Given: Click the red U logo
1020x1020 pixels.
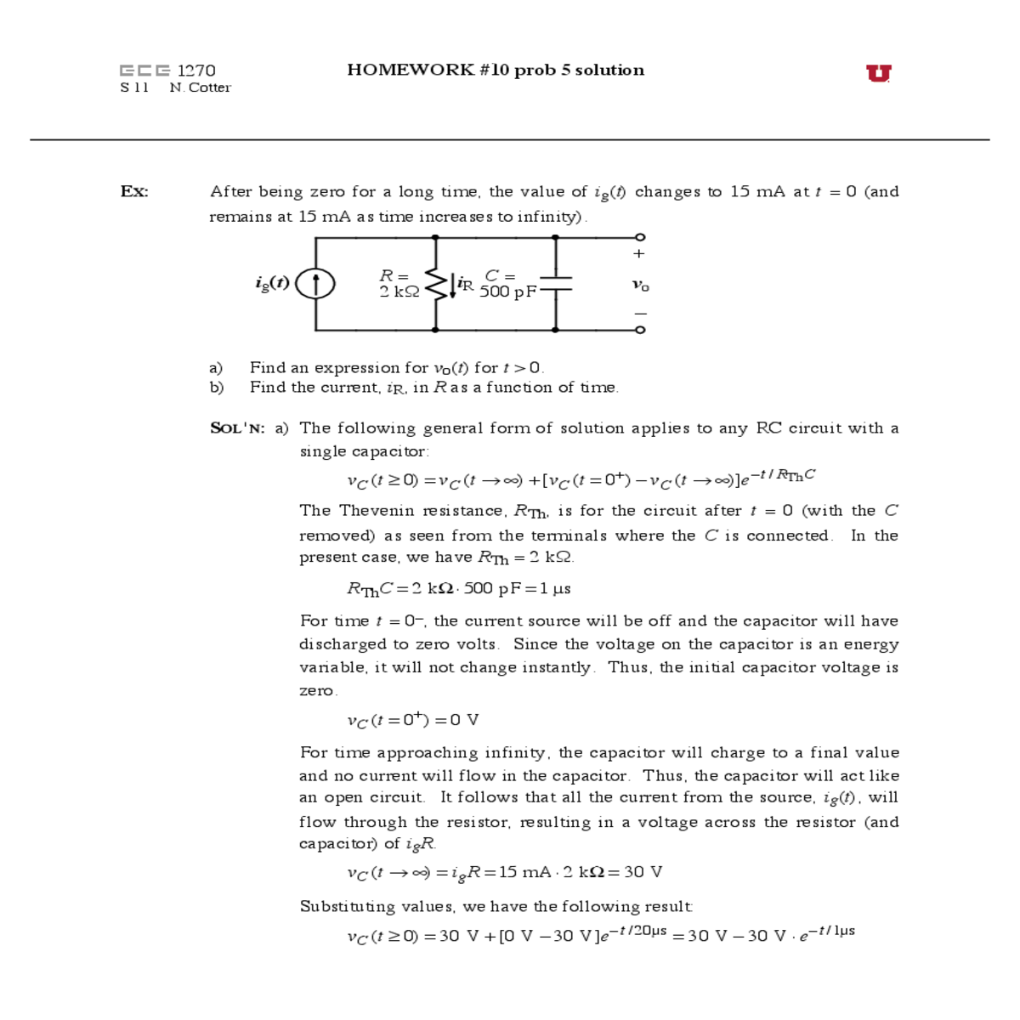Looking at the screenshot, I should point(878,73).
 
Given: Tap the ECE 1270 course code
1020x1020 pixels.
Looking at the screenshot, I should point(167,71).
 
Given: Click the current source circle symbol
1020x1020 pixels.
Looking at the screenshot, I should point(315,284).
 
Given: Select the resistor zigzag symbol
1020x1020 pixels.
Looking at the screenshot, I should point(435,284).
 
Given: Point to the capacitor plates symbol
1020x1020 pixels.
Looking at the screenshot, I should point(555,284).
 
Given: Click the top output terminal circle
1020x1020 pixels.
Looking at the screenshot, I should point(640,237).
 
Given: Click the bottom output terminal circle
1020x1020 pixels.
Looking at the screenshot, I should point(640,330).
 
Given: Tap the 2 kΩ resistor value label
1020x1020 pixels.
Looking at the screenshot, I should point(399,292).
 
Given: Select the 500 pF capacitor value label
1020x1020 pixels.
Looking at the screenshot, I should point(507,292).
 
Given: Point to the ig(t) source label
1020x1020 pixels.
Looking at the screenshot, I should point(272,283).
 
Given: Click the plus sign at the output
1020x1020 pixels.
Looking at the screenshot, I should point(639,253).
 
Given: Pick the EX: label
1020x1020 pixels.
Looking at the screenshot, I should point(134,191).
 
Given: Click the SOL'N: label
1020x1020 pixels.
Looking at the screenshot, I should point(237,428).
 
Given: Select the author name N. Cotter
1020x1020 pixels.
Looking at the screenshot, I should point(200,88).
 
